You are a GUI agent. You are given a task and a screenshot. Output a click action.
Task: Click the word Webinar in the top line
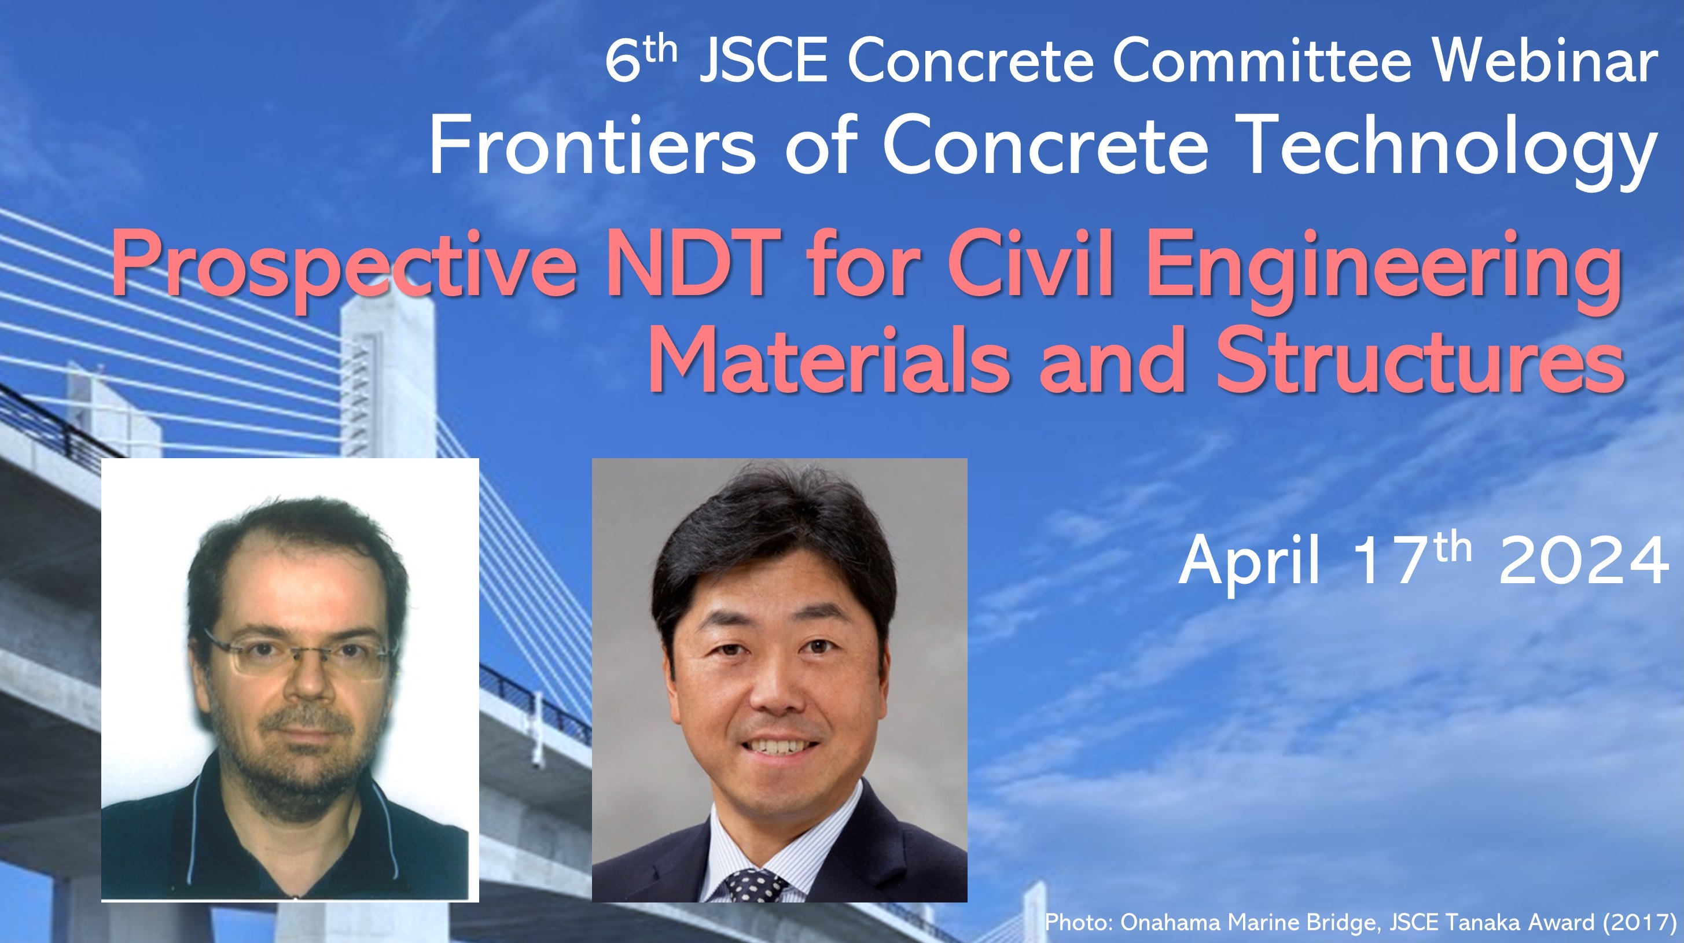(x=1546, y=61)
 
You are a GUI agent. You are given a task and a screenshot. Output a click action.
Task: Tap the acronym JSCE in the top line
(x=763, y=61)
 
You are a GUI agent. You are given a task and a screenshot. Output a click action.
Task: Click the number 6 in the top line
(x=622, y=61)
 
